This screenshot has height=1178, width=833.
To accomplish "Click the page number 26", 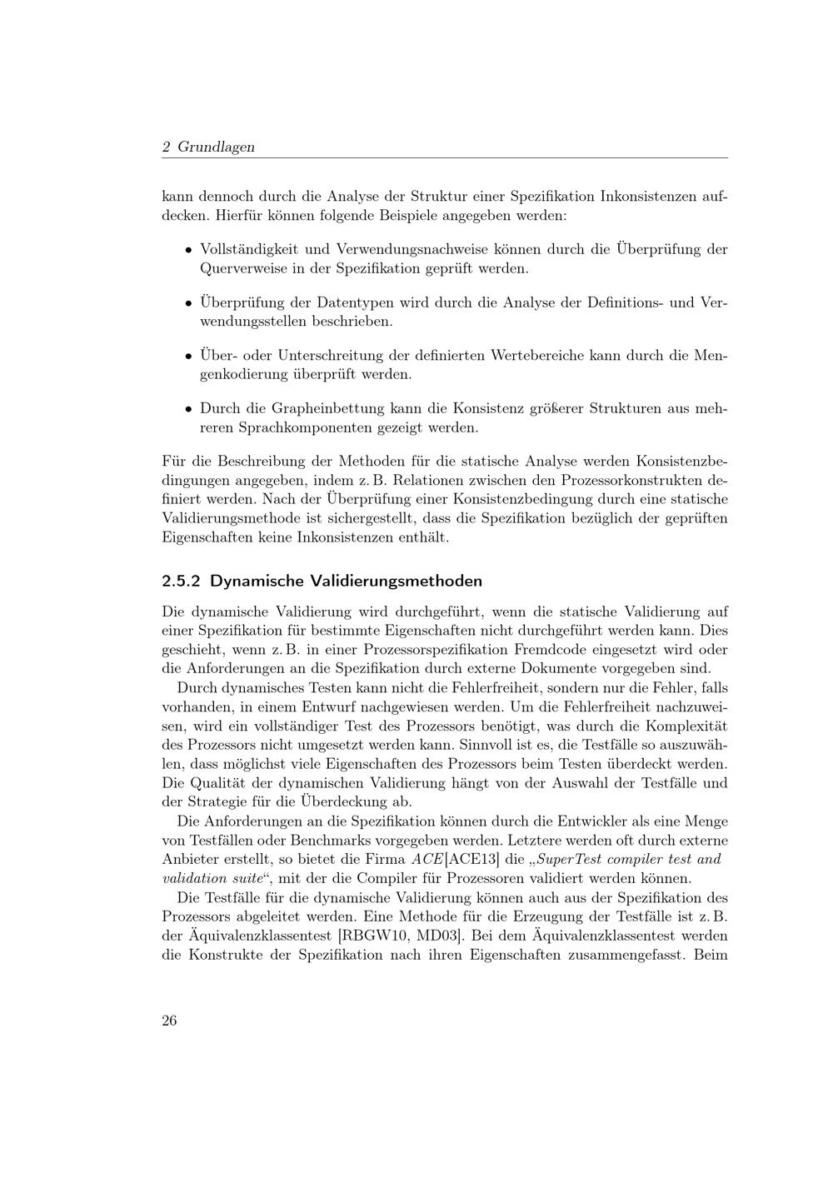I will (169, 1021).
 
